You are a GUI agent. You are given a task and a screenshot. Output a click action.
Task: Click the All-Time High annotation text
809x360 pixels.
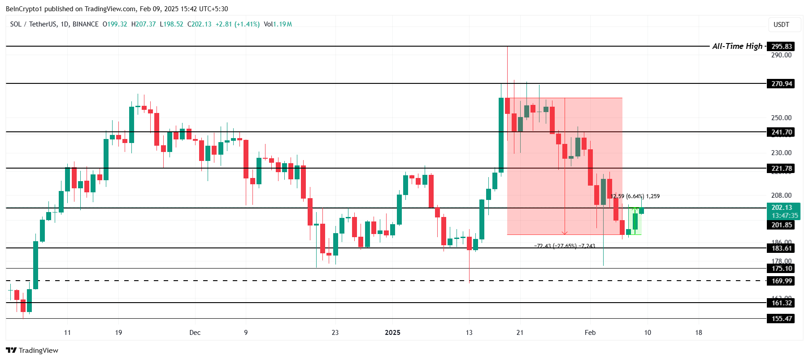(x=737, y=46)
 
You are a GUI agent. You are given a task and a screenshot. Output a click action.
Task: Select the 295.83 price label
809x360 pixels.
(x=781, y=47)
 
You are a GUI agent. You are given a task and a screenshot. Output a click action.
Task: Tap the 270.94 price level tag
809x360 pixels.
(x=781, y=84)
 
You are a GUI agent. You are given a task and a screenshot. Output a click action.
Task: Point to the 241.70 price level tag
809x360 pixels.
(x=781, y=132)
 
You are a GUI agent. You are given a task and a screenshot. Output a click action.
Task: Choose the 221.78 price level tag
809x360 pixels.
(x=781, y=169)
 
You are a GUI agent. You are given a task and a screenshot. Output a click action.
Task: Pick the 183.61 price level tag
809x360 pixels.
(x=781, y=248)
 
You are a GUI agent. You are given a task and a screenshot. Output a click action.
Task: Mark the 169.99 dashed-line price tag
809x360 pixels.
(x=781, y=281)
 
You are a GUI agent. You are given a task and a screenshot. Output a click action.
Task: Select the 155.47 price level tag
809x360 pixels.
(x=781, y=319)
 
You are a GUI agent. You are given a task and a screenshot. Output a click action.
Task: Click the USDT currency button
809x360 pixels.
(x=781, y=25)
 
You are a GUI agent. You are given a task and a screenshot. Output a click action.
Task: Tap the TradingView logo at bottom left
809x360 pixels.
(x=32, y=351)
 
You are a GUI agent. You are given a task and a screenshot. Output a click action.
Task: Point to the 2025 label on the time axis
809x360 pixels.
(x=392, y=333)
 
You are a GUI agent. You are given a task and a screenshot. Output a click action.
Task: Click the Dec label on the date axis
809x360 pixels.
(x=195, y=333)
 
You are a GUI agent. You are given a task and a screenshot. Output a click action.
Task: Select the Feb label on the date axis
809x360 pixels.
(x=590, y=333)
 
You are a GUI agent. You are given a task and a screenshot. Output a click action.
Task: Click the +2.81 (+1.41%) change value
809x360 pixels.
(x=237, y=24)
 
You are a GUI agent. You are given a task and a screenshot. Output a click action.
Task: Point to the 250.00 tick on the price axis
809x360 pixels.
(x=781, y=118)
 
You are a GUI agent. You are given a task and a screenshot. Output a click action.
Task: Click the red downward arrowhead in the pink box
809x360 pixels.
(x=565, y=233)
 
